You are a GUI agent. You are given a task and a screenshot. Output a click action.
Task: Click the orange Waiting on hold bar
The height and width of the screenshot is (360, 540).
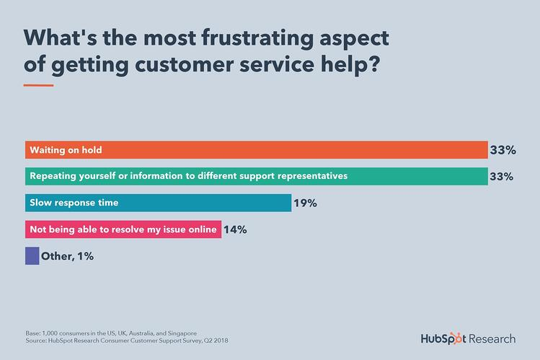coord(256,150)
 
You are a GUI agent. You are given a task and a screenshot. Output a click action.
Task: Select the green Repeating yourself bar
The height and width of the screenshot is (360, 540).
coord(256,176)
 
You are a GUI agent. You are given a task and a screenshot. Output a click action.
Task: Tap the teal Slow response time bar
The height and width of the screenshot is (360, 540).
coord(158,203)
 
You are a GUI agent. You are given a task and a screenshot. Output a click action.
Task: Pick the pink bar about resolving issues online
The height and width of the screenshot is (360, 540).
coord(123,229)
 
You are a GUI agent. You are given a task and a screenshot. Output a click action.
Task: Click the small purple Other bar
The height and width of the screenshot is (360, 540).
coord(32,255)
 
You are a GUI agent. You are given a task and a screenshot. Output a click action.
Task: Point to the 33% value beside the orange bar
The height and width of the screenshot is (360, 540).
coord(502,150)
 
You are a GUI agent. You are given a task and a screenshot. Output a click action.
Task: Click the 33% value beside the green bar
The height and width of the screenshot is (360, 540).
coord(502,176)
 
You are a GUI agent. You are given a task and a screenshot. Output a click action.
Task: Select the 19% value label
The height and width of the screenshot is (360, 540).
coord(305,203)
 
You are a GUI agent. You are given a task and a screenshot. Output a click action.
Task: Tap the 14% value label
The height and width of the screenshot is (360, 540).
coord(235,229)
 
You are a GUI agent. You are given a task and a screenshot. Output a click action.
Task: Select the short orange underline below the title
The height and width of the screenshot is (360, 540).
coord(38,86)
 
